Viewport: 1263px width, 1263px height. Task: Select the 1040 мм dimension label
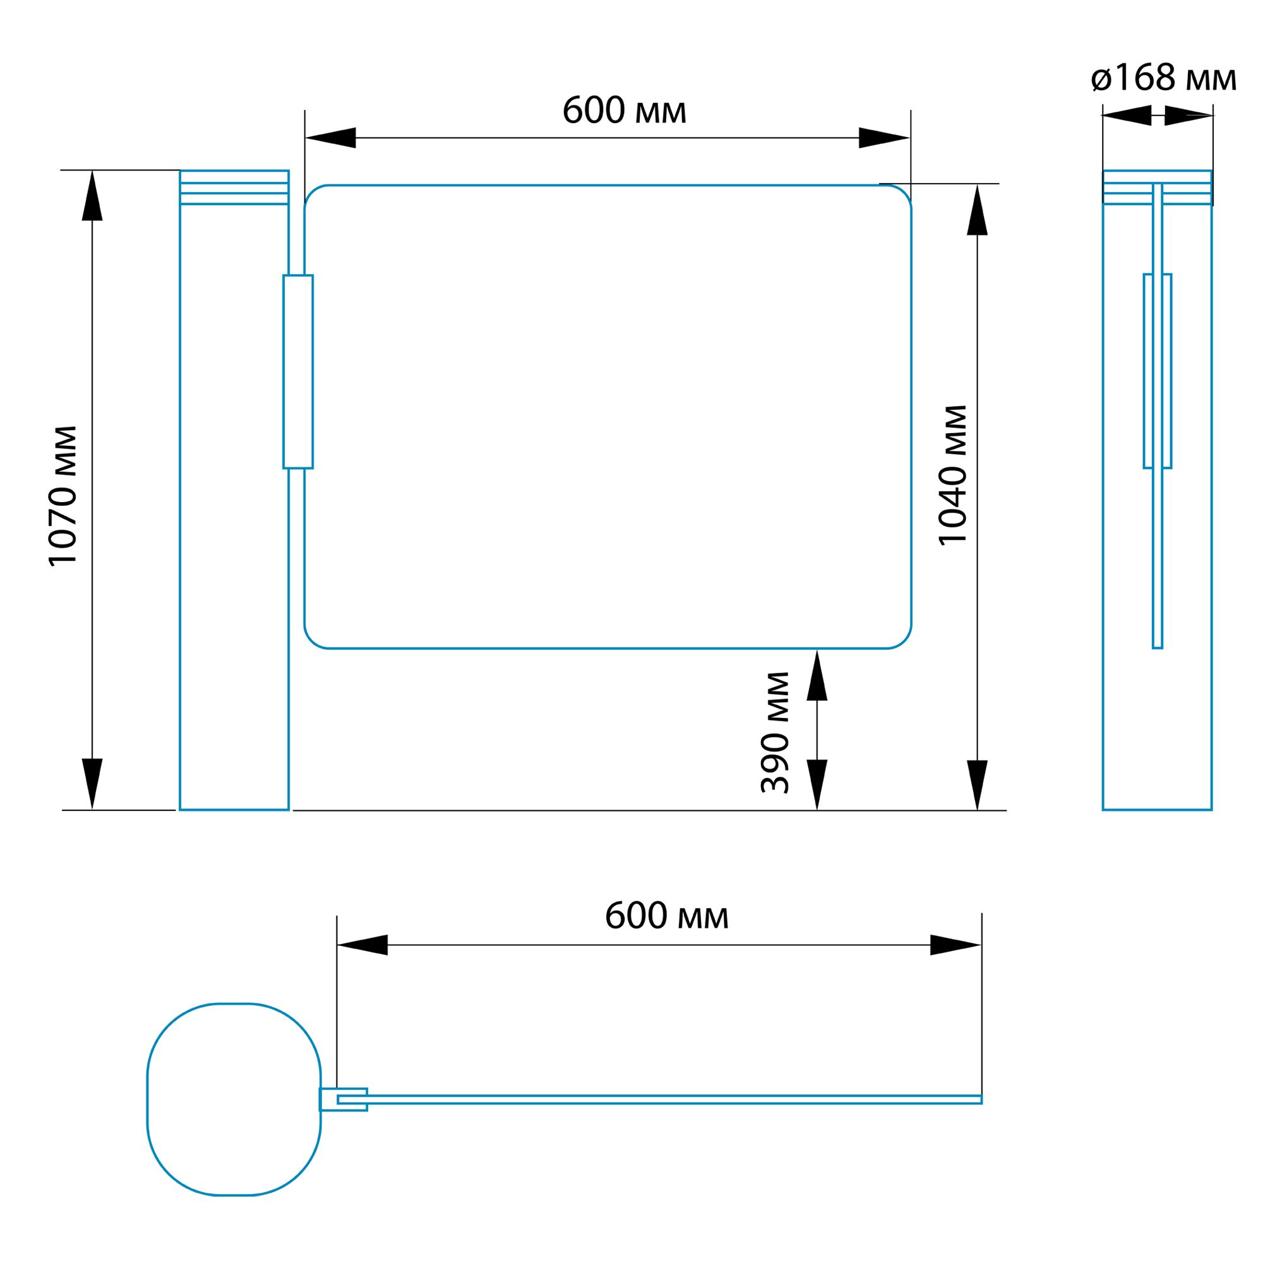[x=952, y=476]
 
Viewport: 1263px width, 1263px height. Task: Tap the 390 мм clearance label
[x=775, y=733]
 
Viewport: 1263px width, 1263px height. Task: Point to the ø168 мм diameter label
[x=1164, y=78]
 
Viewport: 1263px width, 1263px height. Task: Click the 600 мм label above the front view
[x=625, y=110]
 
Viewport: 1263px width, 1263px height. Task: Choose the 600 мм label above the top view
[x=667, y=915]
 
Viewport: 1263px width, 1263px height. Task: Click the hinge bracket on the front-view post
[x=298, y=371]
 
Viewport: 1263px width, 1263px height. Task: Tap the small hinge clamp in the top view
[x=343, y=1099]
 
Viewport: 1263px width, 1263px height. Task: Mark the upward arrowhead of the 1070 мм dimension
[x=92, y=196]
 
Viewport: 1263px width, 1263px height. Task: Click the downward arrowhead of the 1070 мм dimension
[x=92, y=784]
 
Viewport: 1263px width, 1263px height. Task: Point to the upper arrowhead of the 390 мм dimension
[x=817, y=674]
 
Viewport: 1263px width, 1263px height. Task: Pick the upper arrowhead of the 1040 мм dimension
[x=978, y=209]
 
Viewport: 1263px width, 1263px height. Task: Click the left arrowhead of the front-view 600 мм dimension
[x=330, y=138]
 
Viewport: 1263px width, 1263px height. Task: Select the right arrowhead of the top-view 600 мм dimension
[x=955, y=945]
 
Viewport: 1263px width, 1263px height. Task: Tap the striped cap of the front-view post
[x=234, y=188]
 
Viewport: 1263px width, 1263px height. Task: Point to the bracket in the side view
[x=1158, y=371]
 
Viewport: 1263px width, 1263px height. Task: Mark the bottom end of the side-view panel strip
[x=1158, y=648]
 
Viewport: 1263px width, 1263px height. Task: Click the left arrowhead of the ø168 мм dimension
[x=1127, y=115]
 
